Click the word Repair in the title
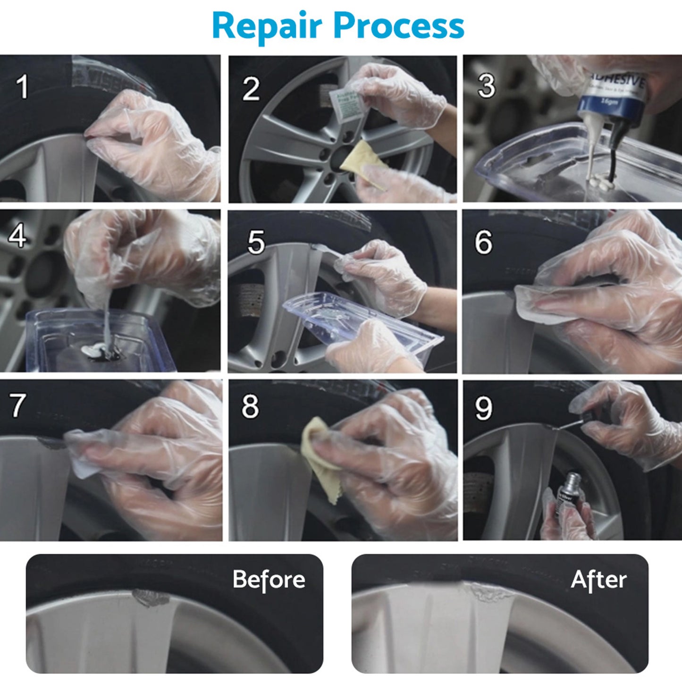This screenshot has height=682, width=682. click(267, 26)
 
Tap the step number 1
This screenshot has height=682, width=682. click(22, 87)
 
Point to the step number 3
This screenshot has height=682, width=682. click(486, 86)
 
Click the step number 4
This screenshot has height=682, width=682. click(17, 236)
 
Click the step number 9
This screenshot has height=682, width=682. click(483, 408)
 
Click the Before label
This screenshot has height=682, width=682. click(269, 579)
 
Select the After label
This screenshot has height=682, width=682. click(598, 579)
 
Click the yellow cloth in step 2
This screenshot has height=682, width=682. click(362, 163)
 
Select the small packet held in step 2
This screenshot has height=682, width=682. click(345, 105)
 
